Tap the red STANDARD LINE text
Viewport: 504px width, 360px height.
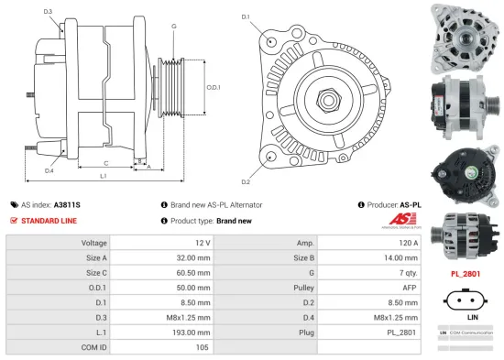[x=50, y=221]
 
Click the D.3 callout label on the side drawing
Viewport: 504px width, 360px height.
[x=48, y=12]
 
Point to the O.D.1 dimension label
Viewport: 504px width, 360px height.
[x=214, y=88]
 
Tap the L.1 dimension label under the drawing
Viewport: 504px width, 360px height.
[x=104, y=176]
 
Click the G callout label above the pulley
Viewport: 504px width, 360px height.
[x=173, y=27]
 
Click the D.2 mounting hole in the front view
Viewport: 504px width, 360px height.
[x=271, y=157]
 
